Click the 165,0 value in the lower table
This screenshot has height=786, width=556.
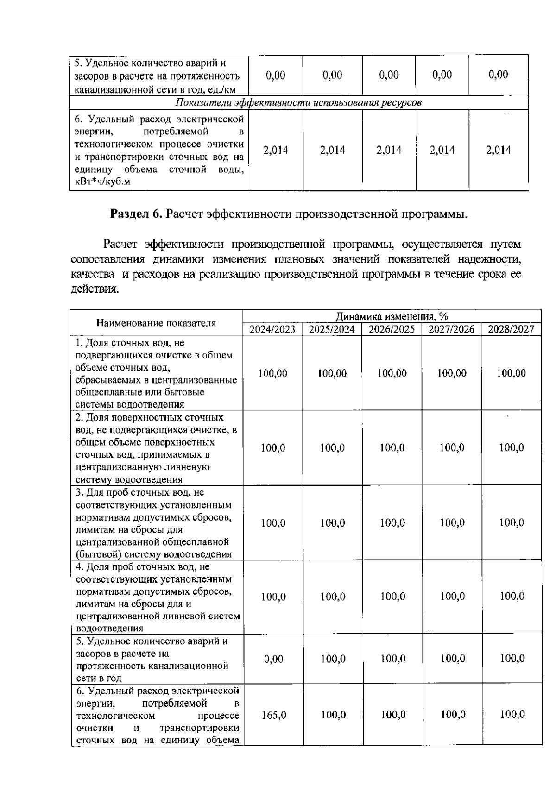coord(273,715)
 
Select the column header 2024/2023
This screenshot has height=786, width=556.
coord(272,329)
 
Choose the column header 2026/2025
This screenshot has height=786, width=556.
coord(392,329)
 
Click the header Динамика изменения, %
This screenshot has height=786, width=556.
coord(392,316)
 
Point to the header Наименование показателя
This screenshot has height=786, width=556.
coord(156,323)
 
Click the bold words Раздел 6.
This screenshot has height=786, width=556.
coord(136,214)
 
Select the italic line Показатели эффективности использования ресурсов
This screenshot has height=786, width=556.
coord(299,102)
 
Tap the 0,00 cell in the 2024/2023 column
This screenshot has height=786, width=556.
coord(273,659)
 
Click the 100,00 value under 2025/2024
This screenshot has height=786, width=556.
coord(332,373)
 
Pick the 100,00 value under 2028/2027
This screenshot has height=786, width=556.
coord(511,373)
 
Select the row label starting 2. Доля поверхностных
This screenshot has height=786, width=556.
coord(156,448)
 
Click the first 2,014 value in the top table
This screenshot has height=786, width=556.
coord(275,150)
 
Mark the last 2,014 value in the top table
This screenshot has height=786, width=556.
coord(498,150)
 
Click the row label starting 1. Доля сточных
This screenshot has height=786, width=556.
coord(156,373)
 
